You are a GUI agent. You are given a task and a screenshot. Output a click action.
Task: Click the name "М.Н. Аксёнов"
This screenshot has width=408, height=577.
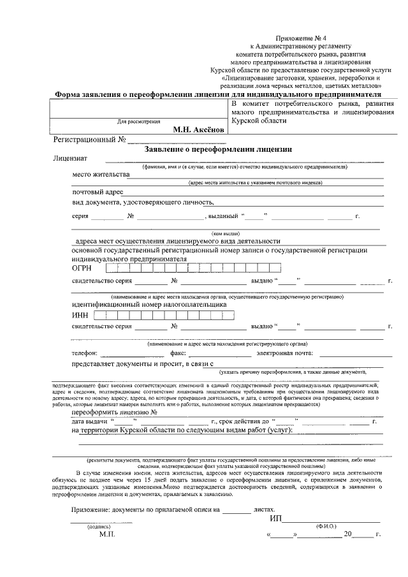tap(199, 129)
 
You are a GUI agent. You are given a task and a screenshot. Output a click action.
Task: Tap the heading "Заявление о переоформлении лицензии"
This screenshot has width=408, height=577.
tap(218, 149)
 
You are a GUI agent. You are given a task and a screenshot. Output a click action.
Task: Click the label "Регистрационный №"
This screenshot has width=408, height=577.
tap(90, 139)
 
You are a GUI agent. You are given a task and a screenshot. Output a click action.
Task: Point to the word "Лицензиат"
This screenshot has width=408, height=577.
tap(70, 158)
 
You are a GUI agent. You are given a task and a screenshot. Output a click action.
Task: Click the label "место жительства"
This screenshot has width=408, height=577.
tap(101, 174)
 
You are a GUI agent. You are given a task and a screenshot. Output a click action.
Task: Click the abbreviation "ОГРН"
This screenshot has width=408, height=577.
tap(83, 268)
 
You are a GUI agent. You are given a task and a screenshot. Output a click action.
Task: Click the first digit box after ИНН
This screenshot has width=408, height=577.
tap(98, 314)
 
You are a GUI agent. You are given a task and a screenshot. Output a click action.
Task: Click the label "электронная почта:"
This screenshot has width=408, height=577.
tap(285, 353)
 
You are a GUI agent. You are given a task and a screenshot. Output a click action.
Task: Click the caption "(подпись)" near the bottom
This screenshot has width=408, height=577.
tap(99, 527)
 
